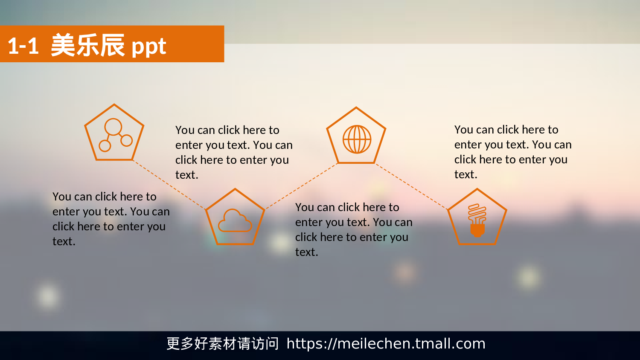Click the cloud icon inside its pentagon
pos(235,221)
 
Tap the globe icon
pos(357,139)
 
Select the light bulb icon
pos(477,220)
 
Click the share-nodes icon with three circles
pos(115,135)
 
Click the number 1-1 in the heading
pos(23,46)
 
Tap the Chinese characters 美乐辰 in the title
pos(87,45)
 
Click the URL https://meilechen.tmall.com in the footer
pos(386,344)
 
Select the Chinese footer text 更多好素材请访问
pos(222,344)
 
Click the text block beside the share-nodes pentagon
pos(233,152)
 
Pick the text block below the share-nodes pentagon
pos(111,219)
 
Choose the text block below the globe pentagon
pos(353,229)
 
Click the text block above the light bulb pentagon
pos(512,152)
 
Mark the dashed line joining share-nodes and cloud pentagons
pos(169,185)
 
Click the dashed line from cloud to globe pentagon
pos(301,186)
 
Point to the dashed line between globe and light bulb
pos(411,186)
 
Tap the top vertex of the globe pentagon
pos(356,108)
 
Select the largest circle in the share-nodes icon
pos(113,127)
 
